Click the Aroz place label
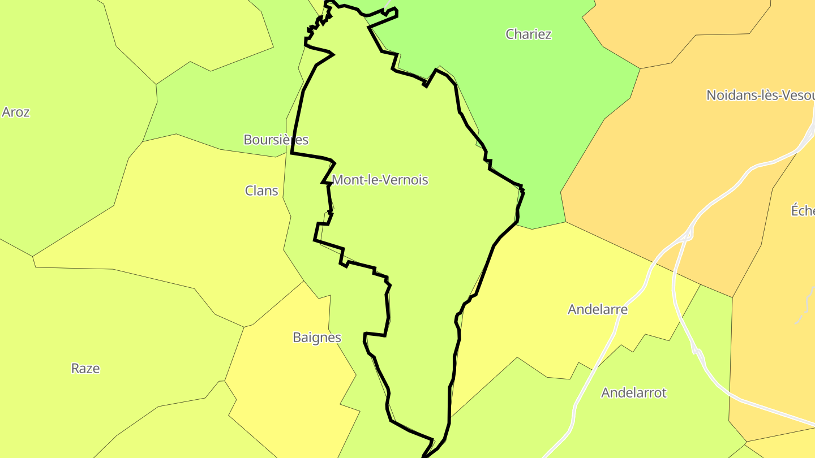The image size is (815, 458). [x=16, y=112]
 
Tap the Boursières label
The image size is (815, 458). [x=276, y=140]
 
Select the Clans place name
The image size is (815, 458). [x=261, y=191]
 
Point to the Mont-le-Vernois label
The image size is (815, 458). [x=380, y=180]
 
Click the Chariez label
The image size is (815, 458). [x=528, y=34]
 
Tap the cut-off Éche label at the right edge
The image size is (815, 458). [x=803, y=210]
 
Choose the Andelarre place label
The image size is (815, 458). [x=597, y=309]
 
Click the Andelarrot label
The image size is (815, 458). [x=634, y=392]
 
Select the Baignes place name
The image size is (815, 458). [x=317, y=338]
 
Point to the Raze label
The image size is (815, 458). [x=85, y=369]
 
